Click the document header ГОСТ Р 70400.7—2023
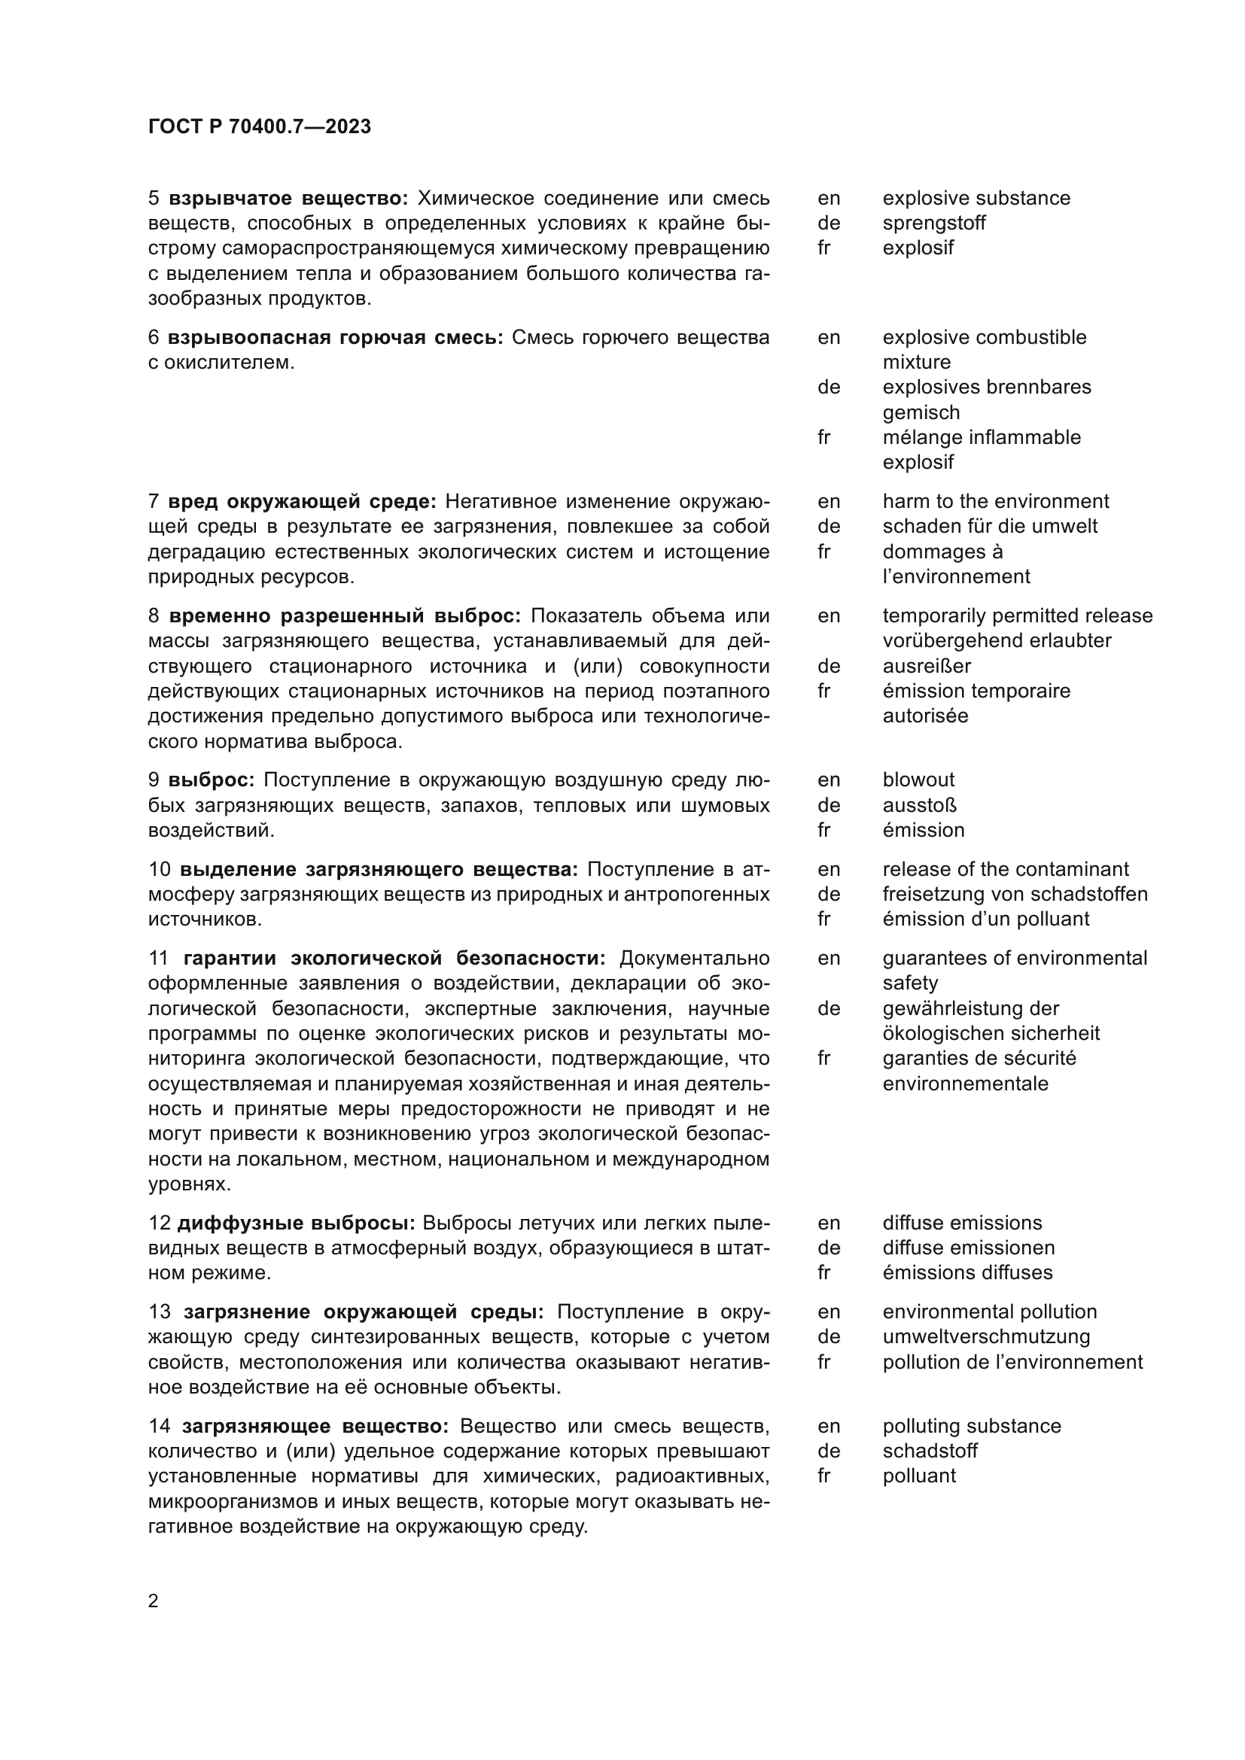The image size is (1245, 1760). [259, 126]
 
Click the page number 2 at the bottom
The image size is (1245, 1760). [154, 1600]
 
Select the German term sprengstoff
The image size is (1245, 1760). [933, 223]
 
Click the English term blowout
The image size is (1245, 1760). [918, 780]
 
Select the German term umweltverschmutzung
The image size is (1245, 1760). [986, 1336]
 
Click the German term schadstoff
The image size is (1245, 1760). [930, 1450]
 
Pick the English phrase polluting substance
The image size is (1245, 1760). [971, 1426]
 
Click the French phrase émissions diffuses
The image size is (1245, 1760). [967, 1272]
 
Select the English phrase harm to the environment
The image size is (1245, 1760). [995, 501]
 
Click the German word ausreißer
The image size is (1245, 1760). [927, 665]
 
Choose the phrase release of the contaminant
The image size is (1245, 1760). [1005, 868]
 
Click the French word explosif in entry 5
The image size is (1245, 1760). [918, 248]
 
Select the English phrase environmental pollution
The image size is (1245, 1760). [990, 1312]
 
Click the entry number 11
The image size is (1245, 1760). [158, 958]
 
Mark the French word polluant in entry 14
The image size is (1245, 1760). [919, 1476]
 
